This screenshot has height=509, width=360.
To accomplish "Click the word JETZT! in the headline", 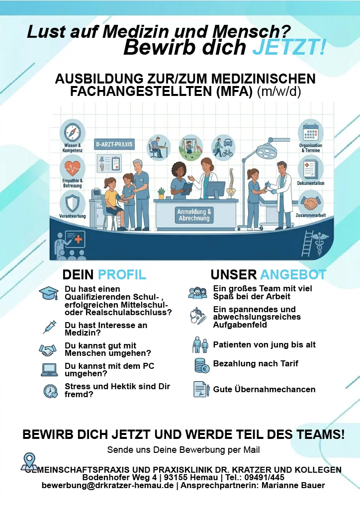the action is pyautogui.click(x=289, y=47).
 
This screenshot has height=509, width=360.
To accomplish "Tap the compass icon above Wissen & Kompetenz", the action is pyautogui.click(x=72, y=132).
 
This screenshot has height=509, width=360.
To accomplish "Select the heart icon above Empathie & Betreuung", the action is pyautogui.click(x=73, y=167).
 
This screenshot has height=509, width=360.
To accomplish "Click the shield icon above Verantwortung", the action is pyautogui.click(x=72, y=202).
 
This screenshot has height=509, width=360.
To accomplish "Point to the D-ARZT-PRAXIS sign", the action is pyautogui.click(x=114, y=144).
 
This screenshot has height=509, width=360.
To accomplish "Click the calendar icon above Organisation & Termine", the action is pyautogui.click(x=311, y=131).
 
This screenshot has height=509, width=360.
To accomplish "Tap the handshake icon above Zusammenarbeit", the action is pyautogui.click(x=311, y=202).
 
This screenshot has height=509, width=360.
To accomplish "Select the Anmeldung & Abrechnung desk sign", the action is pyautogui.click(x=194, y=215).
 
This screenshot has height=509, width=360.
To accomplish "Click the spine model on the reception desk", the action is pyautogui.click(x=231, y=183).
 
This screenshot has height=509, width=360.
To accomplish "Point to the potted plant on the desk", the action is pyautogui.click(x=161, y=193).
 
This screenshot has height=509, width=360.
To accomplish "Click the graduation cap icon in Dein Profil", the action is pyautogui.click(x=49, y=293).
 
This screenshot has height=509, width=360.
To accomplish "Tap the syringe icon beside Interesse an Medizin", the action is pyautogui.click(x=49, y=327).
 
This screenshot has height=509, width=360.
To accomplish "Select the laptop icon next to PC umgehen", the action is pyautogui.click(x=49, y=370).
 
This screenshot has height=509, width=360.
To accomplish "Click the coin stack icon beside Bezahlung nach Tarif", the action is pyautogui.click(x=201, y=365).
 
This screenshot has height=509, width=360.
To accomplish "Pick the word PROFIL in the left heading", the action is pyautogui.click(x=122, y=274).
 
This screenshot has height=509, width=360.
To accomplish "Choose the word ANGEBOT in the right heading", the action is pyautogui.click(x=293, y=274).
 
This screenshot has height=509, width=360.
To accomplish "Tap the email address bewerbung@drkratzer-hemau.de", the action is pyautogui.click(x=107, y=485).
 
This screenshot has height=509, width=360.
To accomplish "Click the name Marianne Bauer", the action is pyautogui.click(x=293, y=485).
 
